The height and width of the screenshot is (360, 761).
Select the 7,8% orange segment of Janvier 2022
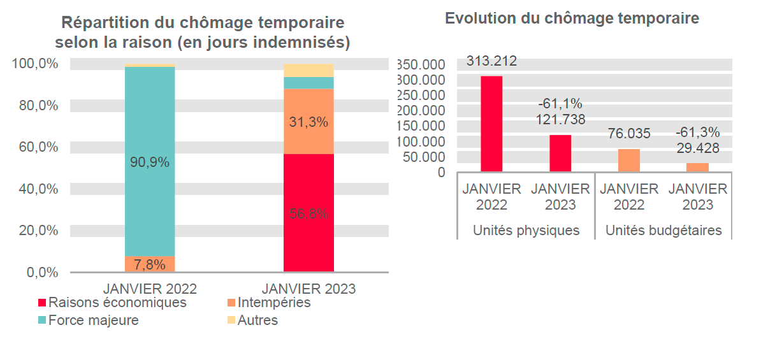150,264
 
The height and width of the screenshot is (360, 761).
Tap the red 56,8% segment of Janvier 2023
308,213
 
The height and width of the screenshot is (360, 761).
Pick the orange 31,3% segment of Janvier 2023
308,122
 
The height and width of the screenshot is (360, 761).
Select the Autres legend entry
257,320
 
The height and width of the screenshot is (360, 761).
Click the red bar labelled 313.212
491,124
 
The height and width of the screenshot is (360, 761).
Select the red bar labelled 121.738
560,153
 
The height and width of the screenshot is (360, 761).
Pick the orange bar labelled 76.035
629,160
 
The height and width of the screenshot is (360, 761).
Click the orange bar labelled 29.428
697,167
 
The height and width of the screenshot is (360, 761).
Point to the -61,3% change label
697,133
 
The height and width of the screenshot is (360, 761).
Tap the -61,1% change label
560,104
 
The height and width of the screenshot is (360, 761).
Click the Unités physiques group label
526,230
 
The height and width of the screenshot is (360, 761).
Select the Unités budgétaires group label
663,230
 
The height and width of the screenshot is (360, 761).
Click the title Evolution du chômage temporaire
572,18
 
